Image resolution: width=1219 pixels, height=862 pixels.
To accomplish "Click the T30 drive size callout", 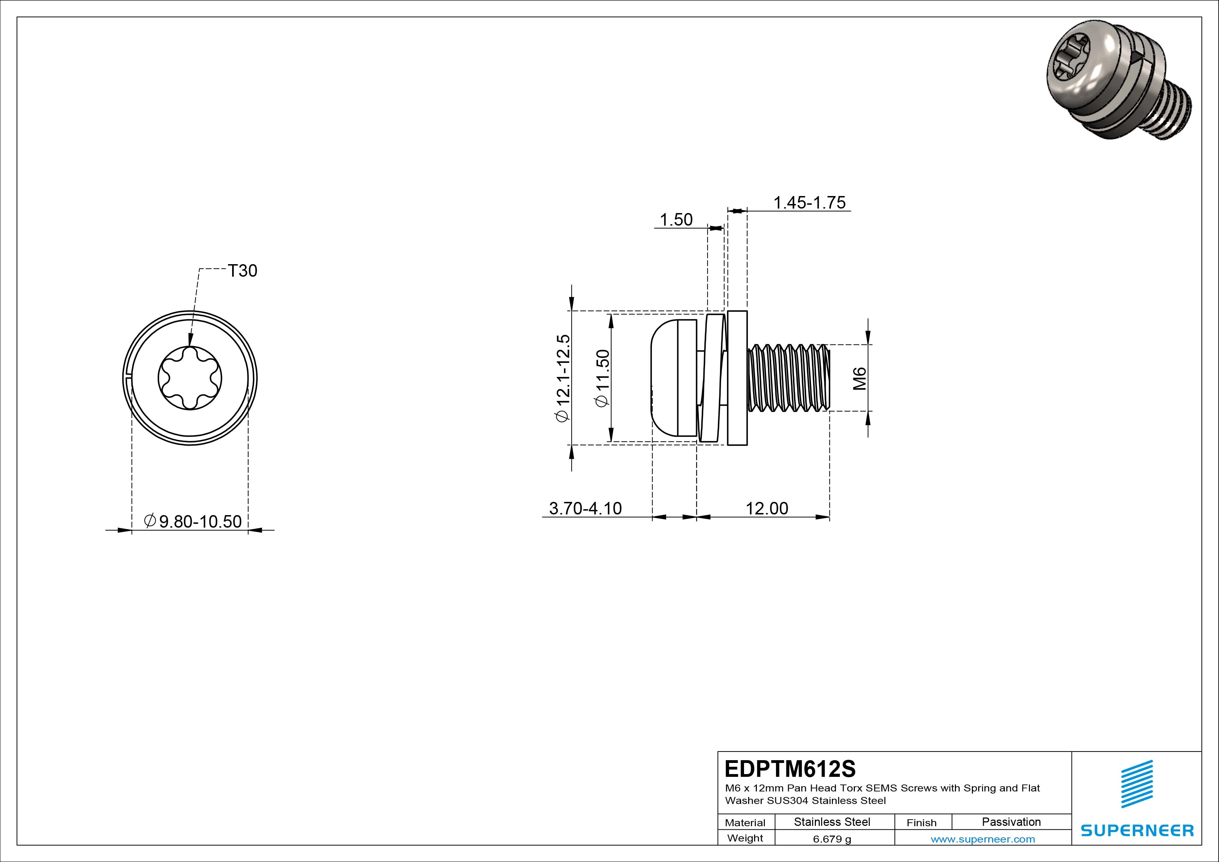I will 243,271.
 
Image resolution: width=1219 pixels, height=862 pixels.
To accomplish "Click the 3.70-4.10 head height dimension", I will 585,508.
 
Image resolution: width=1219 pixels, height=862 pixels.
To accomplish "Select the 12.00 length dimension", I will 767,508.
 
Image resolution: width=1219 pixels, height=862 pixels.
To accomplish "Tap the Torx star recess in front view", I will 190,378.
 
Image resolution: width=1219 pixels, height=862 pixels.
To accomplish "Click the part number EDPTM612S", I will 790,769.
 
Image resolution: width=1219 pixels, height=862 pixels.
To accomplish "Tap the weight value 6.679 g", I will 832,839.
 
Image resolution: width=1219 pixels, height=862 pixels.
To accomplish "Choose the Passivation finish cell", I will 1011,822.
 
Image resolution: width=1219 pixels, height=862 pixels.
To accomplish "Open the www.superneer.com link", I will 983,839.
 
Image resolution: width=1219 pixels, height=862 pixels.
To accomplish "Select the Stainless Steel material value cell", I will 832,822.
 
